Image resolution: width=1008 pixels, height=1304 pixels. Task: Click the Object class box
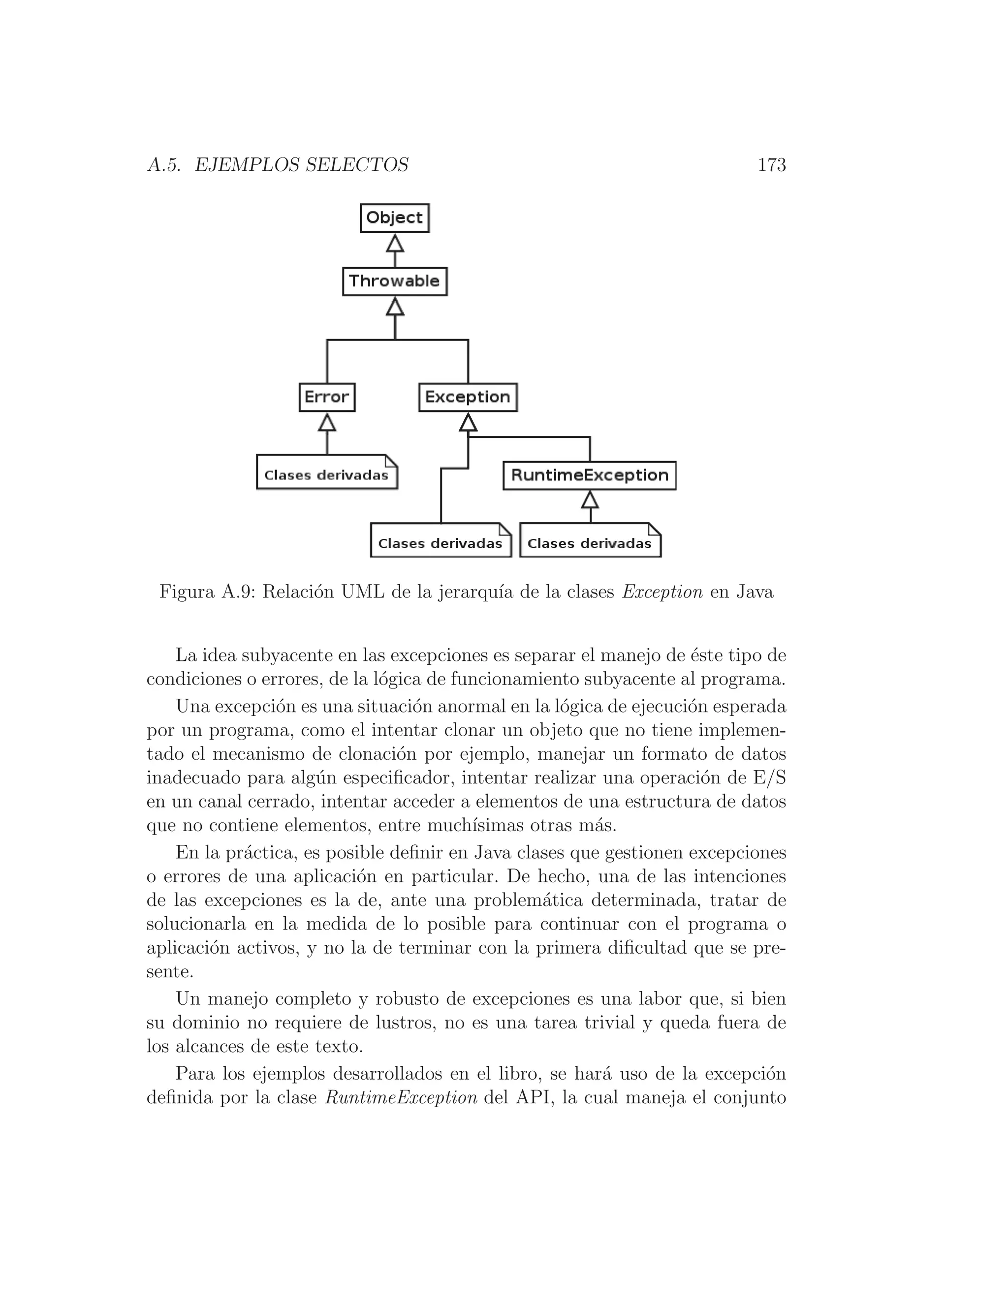point(395,218)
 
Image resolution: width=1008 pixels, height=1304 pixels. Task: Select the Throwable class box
point(395,281)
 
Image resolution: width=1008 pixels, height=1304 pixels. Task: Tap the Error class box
point(327,397)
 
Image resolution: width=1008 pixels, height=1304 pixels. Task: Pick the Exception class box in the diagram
point(468,397)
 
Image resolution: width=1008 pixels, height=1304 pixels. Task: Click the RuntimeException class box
point(589,475)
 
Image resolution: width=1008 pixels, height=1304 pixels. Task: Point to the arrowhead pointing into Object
point(395,243)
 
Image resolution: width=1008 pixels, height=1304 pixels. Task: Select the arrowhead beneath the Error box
point(327,422)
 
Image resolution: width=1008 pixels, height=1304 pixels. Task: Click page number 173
point(772,165)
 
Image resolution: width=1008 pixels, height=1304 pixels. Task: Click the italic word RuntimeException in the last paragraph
point(401,1098)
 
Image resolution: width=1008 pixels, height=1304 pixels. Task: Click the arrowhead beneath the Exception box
point(468,423)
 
